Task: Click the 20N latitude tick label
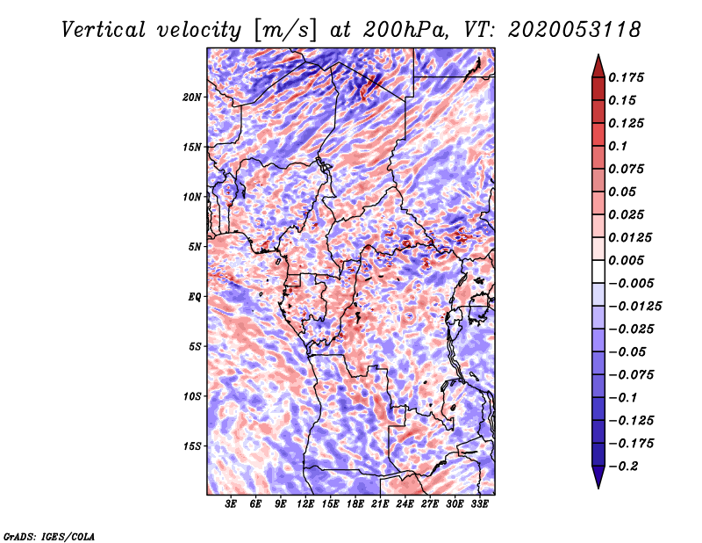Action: [192, 98]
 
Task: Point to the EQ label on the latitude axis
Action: [194, 297]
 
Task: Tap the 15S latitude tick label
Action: [192, 446]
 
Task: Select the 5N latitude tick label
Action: [195, 247]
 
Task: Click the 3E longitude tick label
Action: [231, 504]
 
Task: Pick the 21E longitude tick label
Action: [380, 504]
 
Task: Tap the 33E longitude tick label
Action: [479, 504]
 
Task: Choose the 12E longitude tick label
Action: [304, 504]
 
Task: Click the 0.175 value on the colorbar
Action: [627, 77]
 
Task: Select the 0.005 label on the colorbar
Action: [627, 260]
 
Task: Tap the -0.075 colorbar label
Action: [631, 375]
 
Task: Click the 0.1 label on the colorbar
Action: [618, 146]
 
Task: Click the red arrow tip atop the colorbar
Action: [598, 54]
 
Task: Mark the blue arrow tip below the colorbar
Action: [598, 488]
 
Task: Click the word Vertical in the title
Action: [104, 30]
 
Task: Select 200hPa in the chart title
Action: [405, 30]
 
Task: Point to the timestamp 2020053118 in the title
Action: [575, 30]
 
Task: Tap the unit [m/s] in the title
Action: [284, 31]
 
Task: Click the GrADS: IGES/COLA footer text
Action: [49, 536]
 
